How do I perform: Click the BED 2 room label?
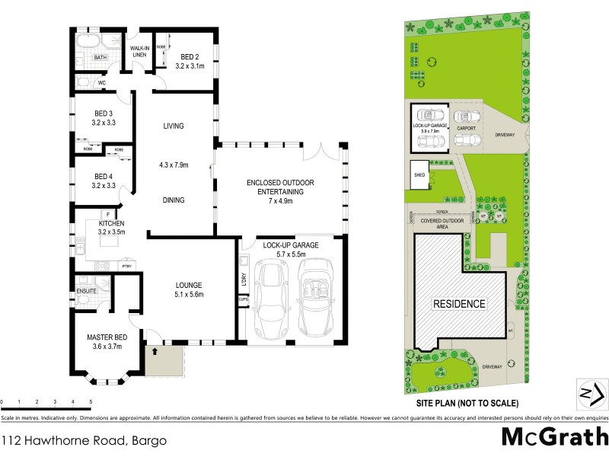(x=190, y=56)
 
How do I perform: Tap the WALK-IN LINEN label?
(x=138, y=51)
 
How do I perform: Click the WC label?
(x=101, y=82)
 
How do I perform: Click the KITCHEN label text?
(x=110, y=223)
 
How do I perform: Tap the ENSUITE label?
(x=86, y=290)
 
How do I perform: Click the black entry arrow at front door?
(x=155, y=352)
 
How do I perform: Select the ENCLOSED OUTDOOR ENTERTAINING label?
(x=280, y=187)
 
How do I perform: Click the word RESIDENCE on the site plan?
(x=459, y=304)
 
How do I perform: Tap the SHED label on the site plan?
(x=419, y=174)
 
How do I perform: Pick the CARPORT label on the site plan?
(x=467, y=129)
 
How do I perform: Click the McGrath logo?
(x=554, y=436)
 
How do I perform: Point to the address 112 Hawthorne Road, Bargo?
(x=84, y=440)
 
